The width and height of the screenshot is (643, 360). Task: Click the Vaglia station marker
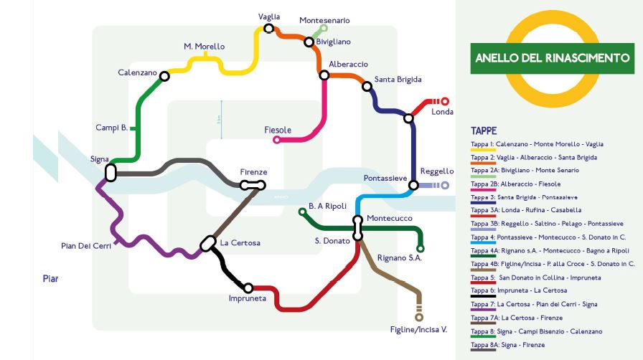point(268,29)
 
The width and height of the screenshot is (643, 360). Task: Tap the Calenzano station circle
point(164,76)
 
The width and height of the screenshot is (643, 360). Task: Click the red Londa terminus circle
point(444,102)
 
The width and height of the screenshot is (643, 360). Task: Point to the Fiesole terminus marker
point(277,140)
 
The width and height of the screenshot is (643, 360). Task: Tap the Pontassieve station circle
point(413,185)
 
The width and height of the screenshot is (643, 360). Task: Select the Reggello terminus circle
point(445,185)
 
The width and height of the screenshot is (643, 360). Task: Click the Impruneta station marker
point(248,288)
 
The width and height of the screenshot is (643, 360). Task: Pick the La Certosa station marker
point(208,244)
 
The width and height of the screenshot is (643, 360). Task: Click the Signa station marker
point(111,172)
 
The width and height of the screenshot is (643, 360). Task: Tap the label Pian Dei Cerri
point(86,246)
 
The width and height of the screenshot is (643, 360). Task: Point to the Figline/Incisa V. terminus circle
point(419,317)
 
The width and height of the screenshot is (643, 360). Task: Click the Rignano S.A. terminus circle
point(421,249)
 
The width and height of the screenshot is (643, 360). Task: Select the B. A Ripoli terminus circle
point(302,212)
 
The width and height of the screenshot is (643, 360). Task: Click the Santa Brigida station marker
point(367,87)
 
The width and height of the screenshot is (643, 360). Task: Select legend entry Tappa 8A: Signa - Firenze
point(507,345)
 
